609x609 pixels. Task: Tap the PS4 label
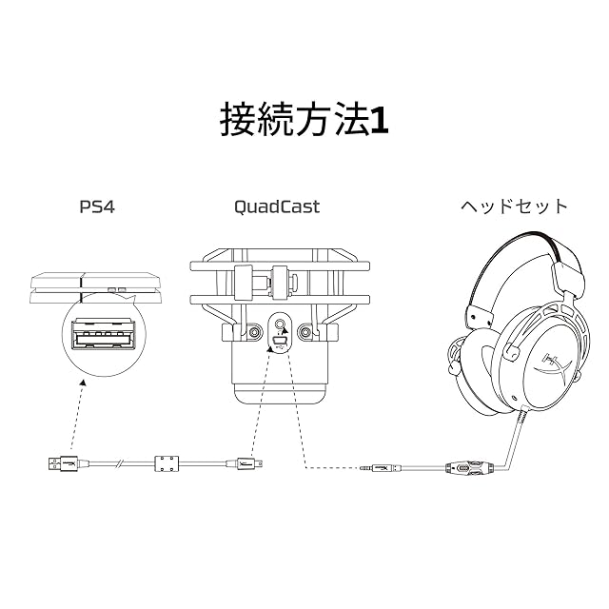click(96, 206)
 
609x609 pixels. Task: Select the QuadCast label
click(276, 206)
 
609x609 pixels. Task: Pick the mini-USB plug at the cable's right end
click(248, 465)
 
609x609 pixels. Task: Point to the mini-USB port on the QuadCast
click(281, 340)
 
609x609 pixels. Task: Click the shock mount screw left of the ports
click(255, 333)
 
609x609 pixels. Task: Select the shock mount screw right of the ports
click(305, 333)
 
